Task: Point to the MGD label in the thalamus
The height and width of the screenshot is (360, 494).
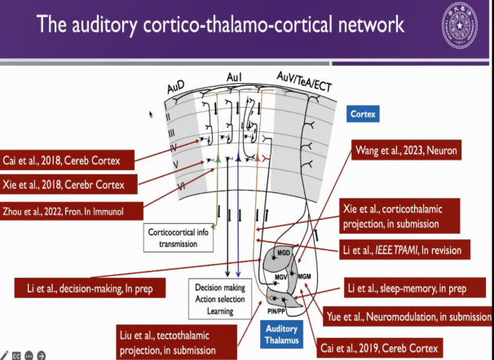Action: pos(284,252)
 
